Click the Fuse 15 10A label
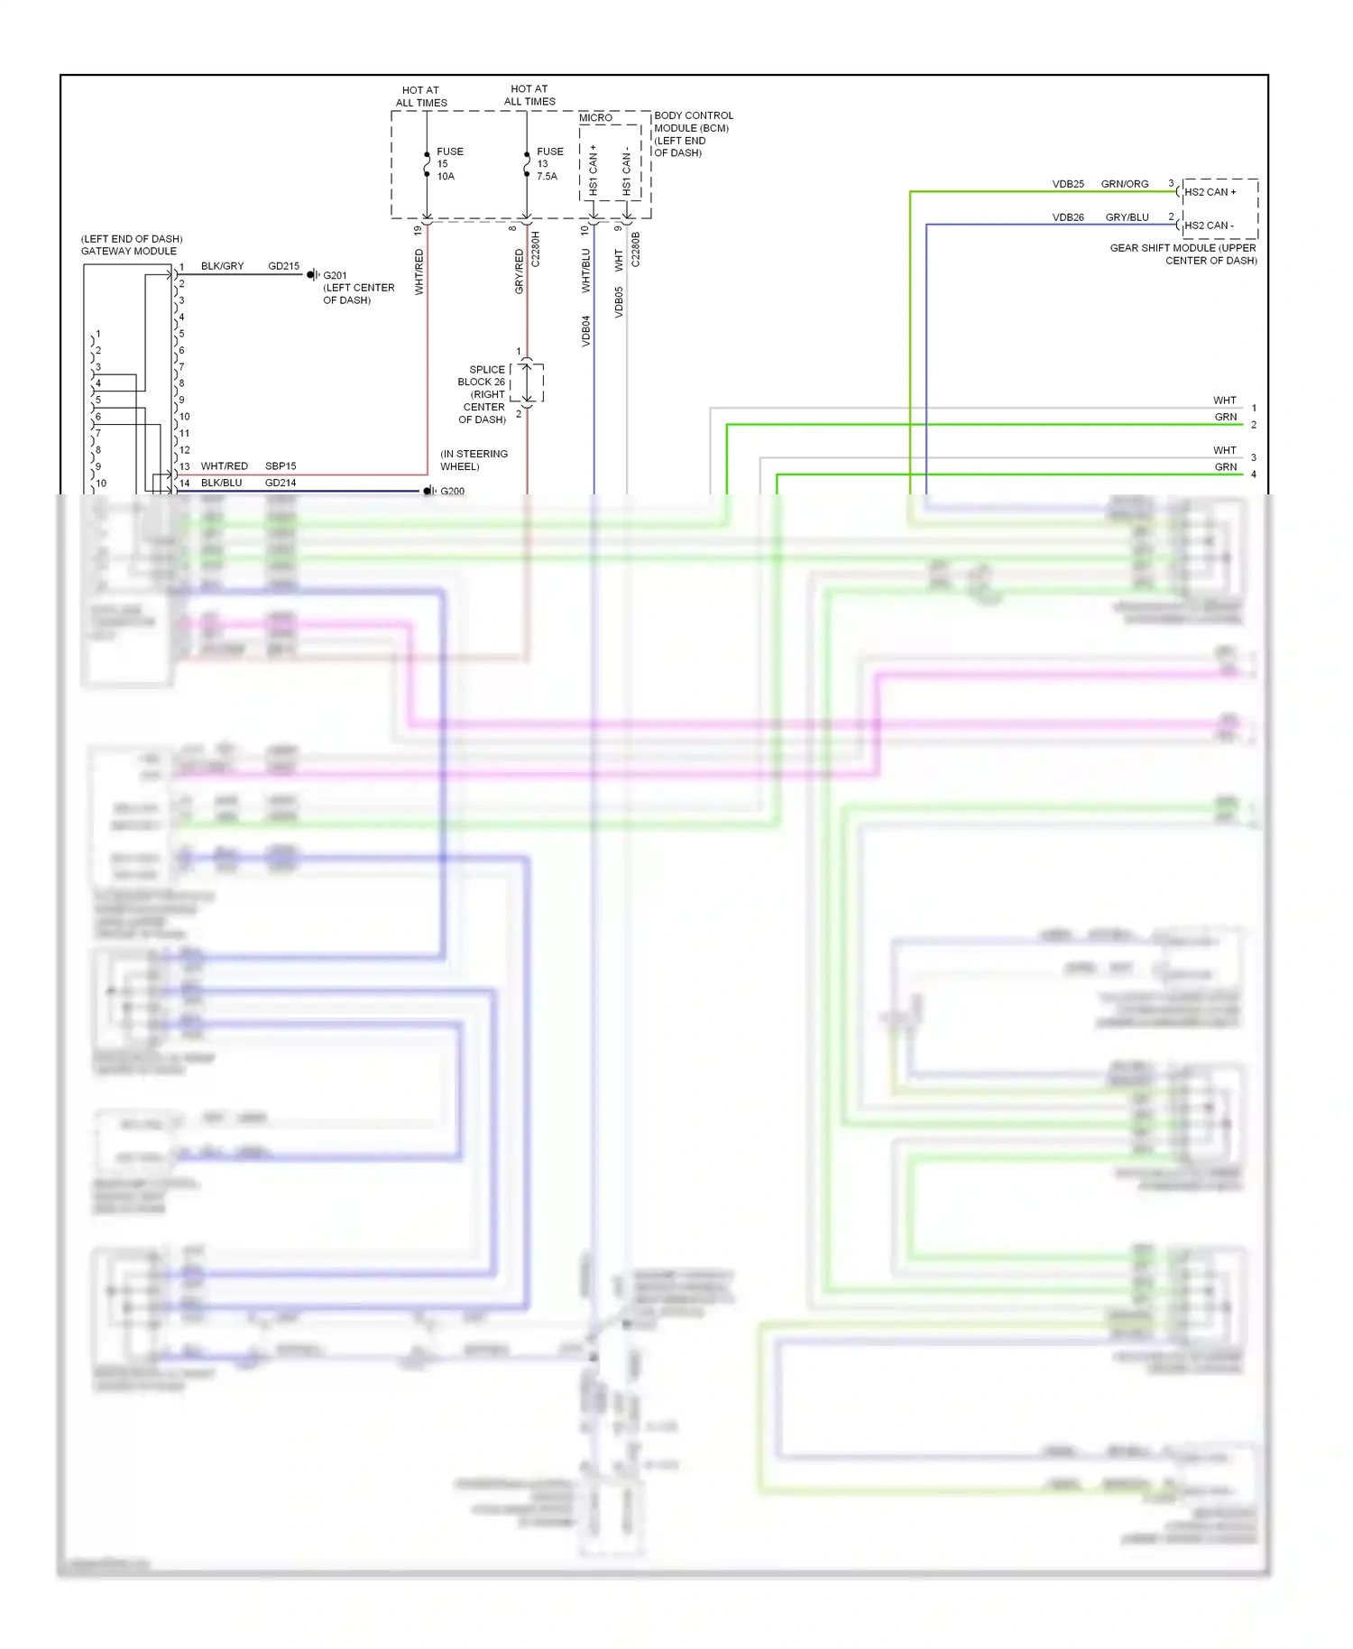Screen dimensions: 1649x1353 tap(449, 164)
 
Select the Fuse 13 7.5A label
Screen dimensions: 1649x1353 tap(549, 164)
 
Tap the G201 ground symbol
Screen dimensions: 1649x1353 tap(313, 275)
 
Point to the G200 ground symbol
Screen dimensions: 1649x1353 tap(429, 491)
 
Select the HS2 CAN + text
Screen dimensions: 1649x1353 tap(1210, 192)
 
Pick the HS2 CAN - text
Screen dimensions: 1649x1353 tap(1209, 226)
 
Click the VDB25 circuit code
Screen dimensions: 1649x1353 tap(1068, 184)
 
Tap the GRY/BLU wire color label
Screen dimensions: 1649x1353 tap(1127, 217)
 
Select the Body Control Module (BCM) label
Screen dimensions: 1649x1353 tap(693, 134)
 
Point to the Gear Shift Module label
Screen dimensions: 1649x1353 tap(1183, 254)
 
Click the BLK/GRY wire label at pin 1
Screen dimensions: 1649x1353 tap(222, 266)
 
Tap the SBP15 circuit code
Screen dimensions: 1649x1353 tap(281, 466)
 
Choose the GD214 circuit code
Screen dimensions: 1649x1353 tap(281, 483)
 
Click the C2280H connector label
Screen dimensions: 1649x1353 tap(535, 249)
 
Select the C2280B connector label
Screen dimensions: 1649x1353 tap(635, 249)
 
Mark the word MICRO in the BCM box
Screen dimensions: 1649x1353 tap(595, 118)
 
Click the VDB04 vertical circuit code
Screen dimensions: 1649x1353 tap(585, 331)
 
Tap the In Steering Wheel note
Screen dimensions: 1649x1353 tap(474, 460)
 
